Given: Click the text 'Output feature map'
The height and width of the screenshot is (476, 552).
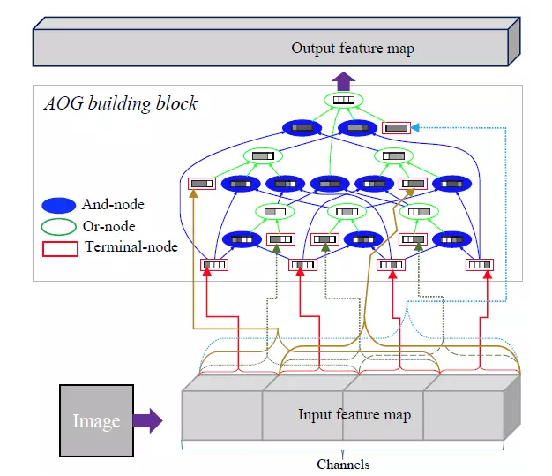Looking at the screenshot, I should pos(352,48).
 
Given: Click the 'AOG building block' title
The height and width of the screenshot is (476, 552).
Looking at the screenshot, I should pos(121,103).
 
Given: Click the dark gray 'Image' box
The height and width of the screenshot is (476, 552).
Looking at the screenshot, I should pos(96,420).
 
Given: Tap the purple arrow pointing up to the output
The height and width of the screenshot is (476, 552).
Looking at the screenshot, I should pos(345,81).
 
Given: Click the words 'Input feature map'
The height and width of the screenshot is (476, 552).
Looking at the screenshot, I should pos(354,414).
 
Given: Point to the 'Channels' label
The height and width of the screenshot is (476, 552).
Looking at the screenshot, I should pos(343,465).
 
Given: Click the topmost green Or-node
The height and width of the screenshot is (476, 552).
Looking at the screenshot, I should pos(344,101).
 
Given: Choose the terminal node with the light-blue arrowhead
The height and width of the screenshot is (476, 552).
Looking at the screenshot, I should pos(397,128).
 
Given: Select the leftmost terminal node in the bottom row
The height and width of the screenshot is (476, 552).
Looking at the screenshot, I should pos(213,264).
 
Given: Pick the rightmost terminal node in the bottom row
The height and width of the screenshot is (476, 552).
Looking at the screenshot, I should pos(480,264).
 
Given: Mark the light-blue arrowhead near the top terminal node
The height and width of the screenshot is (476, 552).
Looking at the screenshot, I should pos(415,128).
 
